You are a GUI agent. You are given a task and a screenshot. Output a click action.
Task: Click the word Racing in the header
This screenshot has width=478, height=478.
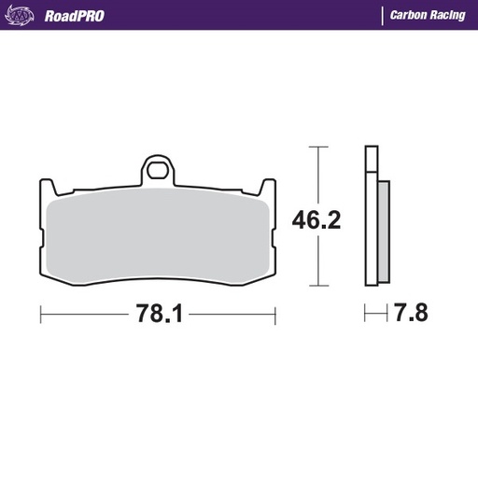tap(450, 15)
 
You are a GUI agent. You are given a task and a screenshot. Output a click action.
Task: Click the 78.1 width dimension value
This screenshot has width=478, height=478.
tap(159, 315)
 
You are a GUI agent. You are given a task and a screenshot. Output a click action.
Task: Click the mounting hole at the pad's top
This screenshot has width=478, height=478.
tap(159, 172)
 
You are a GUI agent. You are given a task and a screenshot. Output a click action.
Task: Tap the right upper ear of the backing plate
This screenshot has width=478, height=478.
tap(271, 188)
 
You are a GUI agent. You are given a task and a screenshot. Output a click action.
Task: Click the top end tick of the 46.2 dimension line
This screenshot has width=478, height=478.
tap(319, 147)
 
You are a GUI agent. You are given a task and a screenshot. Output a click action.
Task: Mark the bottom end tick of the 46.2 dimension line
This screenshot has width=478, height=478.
tap(319, 284)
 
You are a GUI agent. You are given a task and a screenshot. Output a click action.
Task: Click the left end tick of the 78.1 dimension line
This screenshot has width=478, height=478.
tap(41, 315)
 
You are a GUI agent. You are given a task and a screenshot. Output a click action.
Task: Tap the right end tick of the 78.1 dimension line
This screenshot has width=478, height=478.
tap(275, 315)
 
